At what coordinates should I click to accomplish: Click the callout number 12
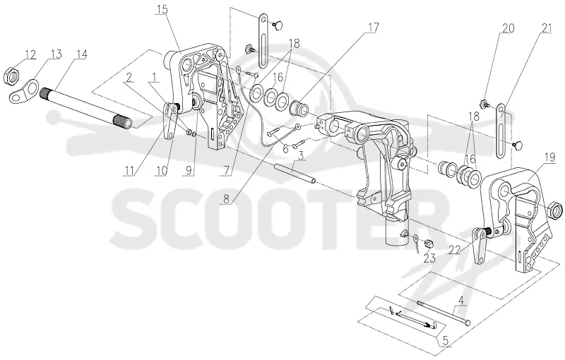[30, 55]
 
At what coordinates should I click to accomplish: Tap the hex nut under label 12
[13, 76]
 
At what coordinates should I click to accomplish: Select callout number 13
[56, 54]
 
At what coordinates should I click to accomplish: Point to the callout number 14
[81, 54]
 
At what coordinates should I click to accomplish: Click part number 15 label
[162, 10]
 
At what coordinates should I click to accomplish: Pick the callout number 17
[374, 27]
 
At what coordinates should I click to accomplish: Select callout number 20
[508, 28]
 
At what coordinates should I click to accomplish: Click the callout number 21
[546, 28]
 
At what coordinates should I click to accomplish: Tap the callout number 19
[550, 157]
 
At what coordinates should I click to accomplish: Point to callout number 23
[429, 258]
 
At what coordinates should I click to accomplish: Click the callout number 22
[454, 250]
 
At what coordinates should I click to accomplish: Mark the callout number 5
[446, 340]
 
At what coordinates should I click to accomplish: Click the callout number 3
[301, 156]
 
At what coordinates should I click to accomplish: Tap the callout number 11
[130, 170]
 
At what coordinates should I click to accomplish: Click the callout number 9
[189, 170]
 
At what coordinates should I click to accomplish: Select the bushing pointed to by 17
[298, 107]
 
